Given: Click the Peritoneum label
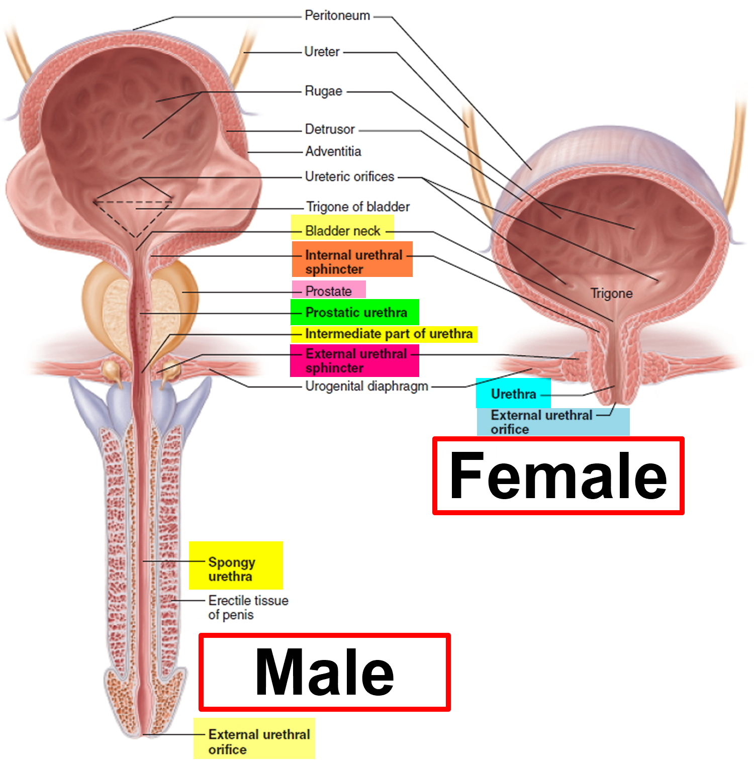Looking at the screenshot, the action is (x=337, y=16).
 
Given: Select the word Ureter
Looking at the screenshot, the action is (x=322, y=52).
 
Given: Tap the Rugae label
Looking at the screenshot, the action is (x=323, y=91).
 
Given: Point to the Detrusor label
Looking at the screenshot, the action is (x=330, y=130).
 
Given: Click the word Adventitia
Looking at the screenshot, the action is (x=333, y=151).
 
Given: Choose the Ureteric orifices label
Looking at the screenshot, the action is (x=349, y=177).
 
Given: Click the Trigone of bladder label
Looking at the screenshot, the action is (x=358, y=207).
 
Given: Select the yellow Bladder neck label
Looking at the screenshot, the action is (x=342, y=231).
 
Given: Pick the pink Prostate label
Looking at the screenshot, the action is (x=329, y=291).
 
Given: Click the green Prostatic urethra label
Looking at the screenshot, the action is (x=355, y=312).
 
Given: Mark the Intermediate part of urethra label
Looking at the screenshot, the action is (x=384, y=334).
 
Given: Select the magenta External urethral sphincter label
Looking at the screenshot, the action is (x=354, y=360).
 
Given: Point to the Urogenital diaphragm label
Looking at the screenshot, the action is (x=366, y=386).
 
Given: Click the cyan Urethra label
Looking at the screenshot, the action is (x=513, y=394).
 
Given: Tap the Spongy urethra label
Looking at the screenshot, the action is (x=236, y=565).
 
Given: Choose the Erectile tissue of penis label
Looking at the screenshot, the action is (x=248, y=607).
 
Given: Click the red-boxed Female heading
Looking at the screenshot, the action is (x=558, y=475).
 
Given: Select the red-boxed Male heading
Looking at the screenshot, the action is (x=325, y=672).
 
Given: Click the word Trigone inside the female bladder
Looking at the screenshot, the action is (x=611, y=294).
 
